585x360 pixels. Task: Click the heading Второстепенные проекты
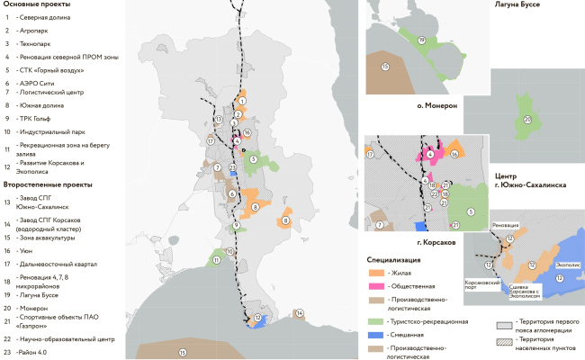pos(43,184)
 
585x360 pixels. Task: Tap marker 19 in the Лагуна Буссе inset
pos(421,40)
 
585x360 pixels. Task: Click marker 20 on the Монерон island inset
pos(527,120)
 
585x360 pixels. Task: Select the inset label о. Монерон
pos(437,105)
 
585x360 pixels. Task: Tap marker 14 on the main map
pos(300,314)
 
